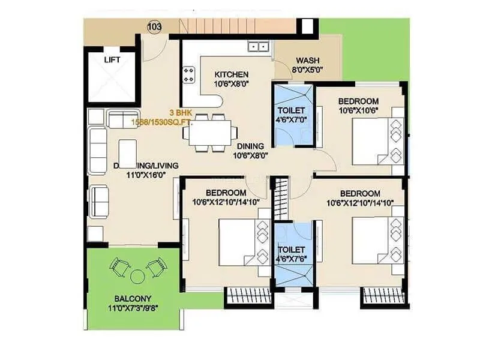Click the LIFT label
(x=112, y=59)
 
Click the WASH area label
(x=307, y=61)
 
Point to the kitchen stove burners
(x=189, y=75)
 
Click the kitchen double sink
(x=259, y=46)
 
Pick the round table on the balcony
(x=137, y=276)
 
